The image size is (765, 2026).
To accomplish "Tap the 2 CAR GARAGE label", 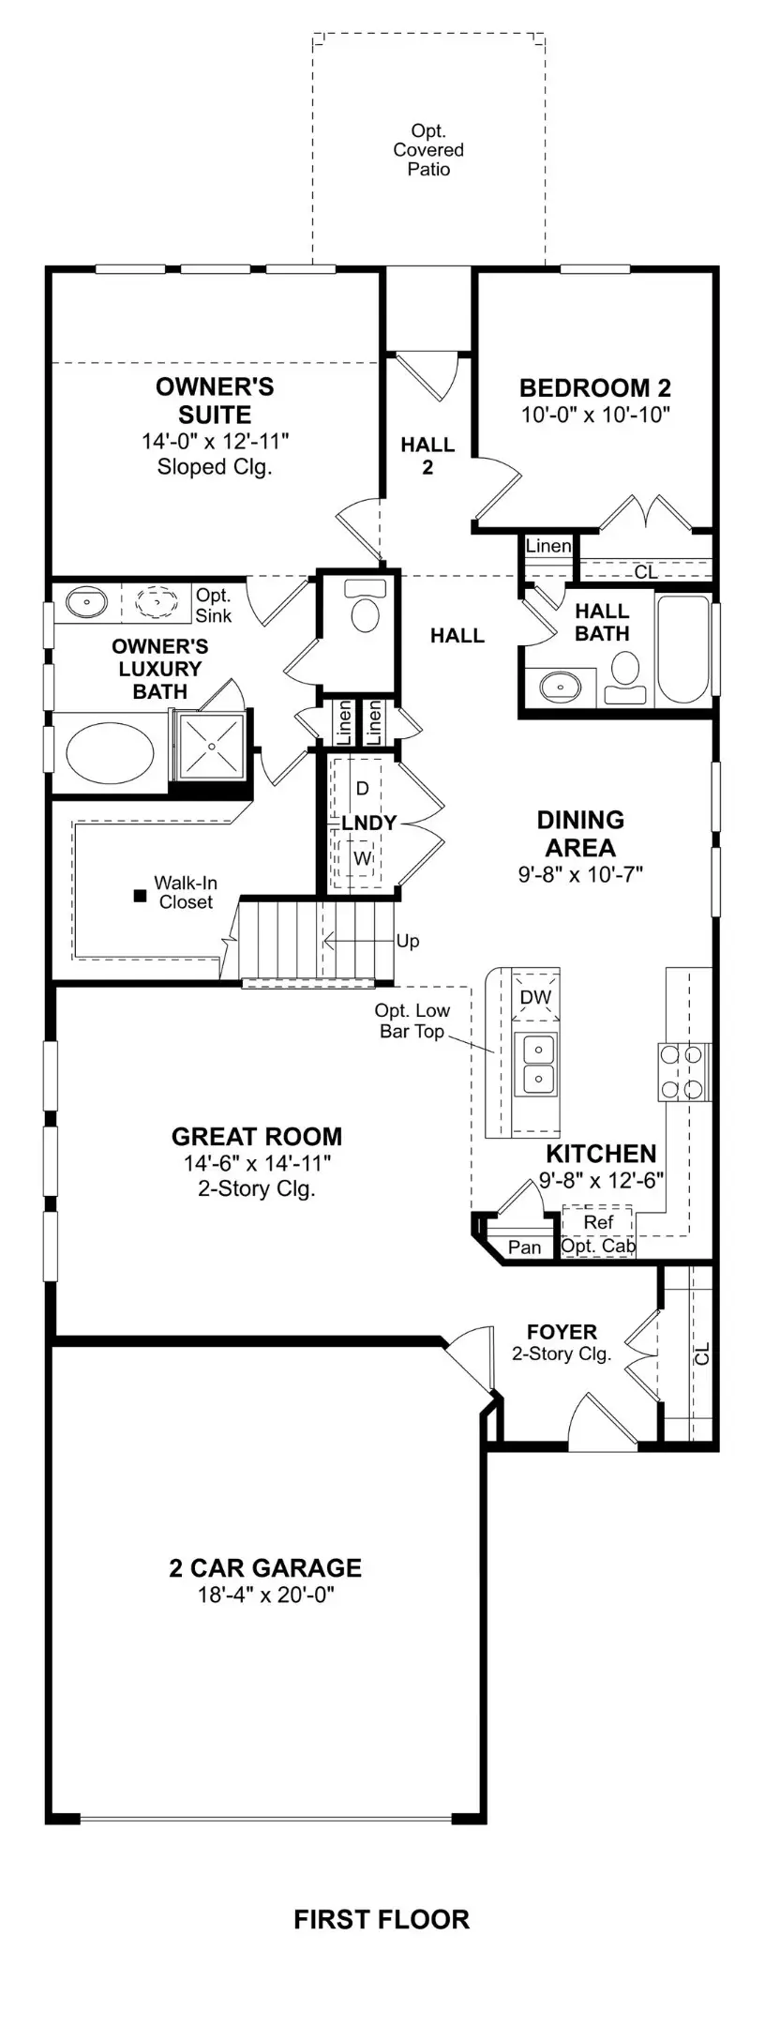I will [x=265, y=1567].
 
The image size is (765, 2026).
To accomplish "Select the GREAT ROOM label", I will [x=257, y=1136].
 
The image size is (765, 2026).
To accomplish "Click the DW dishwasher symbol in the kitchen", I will [x=535, y=997].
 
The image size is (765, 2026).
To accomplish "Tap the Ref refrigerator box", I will [x=598, y=1222].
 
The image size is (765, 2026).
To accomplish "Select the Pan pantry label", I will [x=524, y=1247].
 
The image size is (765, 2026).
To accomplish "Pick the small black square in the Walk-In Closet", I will [x=140, y=896].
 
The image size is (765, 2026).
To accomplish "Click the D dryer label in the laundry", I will [x=363, y=788].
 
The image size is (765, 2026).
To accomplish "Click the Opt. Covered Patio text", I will [x=428, y=150].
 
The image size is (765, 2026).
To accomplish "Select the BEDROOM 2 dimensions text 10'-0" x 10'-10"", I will [x=595, y=415].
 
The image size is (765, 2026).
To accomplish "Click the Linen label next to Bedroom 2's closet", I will [x=548, y=545].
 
